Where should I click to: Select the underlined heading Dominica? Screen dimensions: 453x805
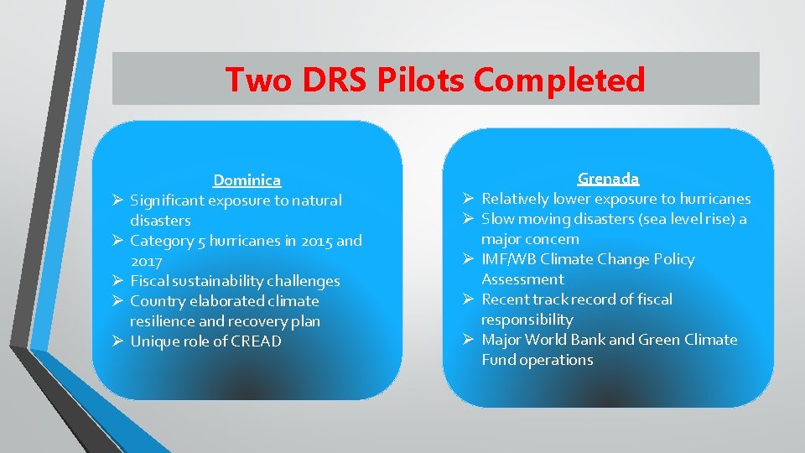(247, 180)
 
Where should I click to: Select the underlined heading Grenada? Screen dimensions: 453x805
(608, 178)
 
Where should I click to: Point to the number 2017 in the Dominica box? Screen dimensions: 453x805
(147, 261)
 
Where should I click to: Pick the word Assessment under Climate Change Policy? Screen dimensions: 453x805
(522, 279)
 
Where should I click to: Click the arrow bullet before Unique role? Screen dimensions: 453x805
(119, 341)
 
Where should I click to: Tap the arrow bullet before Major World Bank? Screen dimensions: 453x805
(470, 340)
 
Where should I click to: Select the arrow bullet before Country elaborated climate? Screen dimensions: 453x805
(119, 301)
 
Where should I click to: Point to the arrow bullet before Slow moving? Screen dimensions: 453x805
(470, 219)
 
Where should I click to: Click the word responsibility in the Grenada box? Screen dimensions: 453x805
(527, 320)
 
